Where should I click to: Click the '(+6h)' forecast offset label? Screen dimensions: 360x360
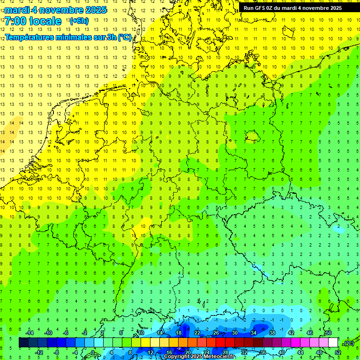click(x=78, y=21)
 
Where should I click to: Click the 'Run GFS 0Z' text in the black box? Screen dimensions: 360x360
click(x=259, y=8)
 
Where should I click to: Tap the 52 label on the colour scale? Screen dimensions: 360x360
click(x=338, y=352)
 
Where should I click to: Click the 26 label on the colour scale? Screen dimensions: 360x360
click(x=216, y=332)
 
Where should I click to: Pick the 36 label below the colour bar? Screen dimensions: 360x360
click(x=263, y=352)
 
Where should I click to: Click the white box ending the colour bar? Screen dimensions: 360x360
click(x=333, y=343)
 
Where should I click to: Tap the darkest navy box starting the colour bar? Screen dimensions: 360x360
click(x=24, y=343)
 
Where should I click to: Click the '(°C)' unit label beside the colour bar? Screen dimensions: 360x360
click(x=349, y=343)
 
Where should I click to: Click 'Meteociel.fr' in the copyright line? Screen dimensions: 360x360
click(x=219, y=357)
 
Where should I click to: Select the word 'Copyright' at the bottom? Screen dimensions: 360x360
click(x=176, y=357)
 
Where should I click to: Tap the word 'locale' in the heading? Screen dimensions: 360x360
click(x=45, y=21)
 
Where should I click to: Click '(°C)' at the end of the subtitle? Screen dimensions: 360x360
click(x=124, y=37)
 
